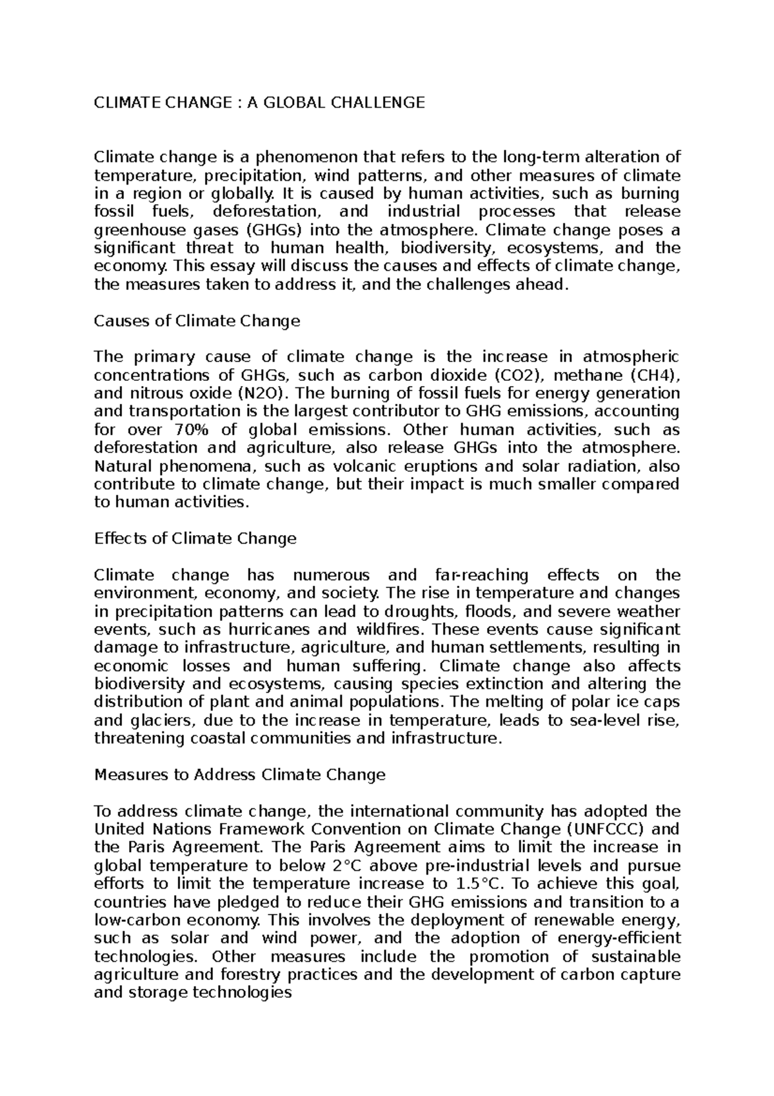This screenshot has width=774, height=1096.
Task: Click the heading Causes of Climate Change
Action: click(x=197, y=321)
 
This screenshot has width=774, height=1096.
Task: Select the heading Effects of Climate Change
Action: click(x=195, y=538)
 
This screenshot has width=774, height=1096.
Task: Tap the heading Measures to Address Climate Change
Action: click(x=239, y=775)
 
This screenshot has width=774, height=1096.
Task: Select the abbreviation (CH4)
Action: click(x=653, y=376)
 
